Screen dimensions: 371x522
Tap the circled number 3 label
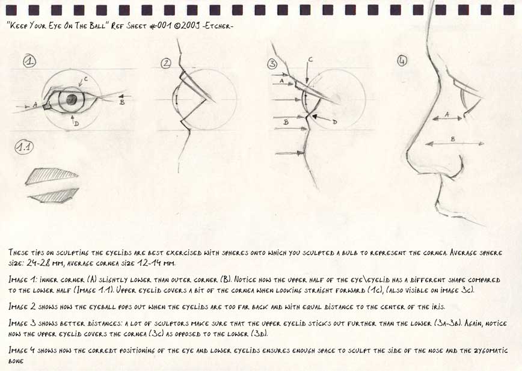click(272, 63)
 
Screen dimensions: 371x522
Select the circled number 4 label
click(402, 60)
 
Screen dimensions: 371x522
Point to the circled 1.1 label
click(25, 148)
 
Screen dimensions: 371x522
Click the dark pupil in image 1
click(72, 99)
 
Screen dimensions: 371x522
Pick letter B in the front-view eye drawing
click(122, 102)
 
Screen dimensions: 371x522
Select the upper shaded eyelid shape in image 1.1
click(51, 175)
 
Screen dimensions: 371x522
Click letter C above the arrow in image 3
click(310, 59)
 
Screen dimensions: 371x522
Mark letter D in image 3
click(335, 121)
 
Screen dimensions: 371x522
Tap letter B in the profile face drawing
click(453, 139)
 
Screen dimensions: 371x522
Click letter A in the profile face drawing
click(446, 114)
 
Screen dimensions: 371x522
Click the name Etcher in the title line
click(218, 27)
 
